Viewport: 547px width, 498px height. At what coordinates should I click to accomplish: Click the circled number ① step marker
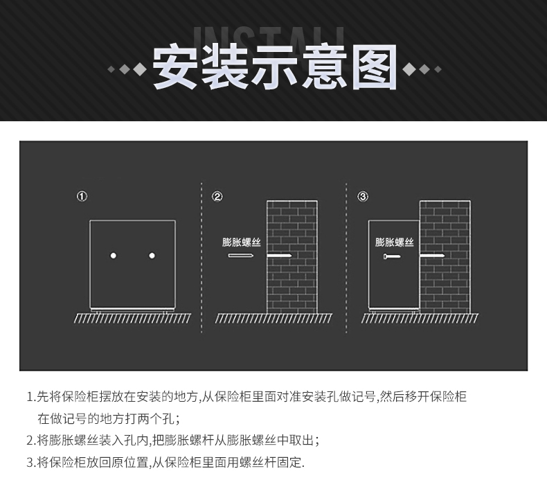[x=82, y=197]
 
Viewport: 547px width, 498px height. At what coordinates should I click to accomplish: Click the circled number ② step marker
[x=217, y=197]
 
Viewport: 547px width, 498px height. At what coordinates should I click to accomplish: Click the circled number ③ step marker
[x=363, y=197]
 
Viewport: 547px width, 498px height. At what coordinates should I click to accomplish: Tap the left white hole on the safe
[x=113, y=256]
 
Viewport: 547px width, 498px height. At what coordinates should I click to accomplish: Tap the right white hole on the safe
[x=152, y=256]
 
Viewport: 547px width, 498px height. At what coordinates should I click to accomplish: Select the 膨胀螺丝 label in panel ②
[x=242, y=242]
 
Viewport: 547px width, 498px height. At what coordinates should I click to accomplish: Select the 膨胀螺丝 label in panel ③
[x=395, y=242]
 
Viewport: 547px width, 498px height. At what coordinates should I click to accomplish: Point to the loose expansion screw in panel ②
[x=241, y=256]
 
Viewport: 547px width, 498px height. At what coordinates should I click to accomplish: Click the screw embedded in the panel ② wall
[x=279, y=256]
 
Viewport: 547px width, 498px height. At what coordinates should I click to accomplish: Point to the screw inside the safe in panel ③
[x=392, y=256]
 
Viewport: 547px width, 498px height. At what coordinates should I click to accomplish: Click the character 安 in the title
[x=175, y=66]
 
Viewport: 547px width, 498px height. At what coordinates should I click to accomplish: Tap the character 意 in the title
[x=325, y=66]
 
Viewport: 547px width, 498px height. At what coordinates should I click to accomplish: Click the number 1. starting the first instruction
[x=31, y=397]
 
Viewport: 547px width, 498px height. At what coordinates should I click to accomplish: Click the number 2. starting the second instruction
[x=31, y=441]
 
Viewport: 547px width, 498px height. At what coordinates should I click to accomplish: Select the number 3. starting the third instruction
[x=31, y=463]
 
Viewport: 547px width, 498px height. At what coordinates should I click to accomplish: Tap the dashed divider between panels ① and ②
[x=201, y=258]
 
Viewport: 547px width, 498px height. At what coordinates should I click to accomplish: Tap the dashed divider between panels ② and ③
[x=346, y=258]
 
